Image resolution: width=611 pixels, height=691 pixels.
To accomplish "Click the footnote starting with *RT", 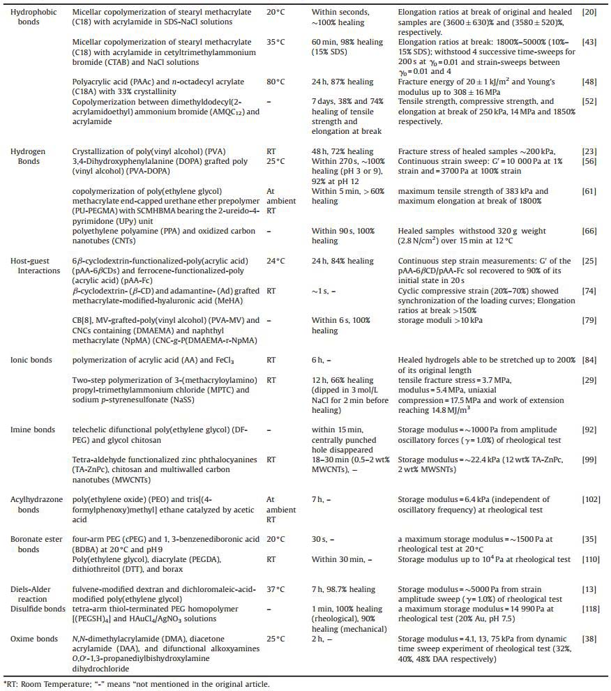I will [137, 683].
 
